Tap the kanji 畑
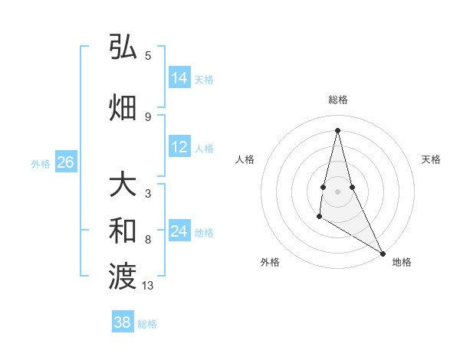click(123, 107)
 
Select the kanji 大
click(123, 185)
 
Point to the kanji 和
click(123, 230)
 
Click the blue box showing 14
click(179, 78)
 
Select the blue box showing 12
click(179, 147)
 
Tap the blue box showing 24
click(179, 231)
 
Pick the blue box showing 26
click(65, 162)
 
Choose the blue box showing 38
click(123, 322)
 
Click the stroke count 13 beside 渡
click(148, 286)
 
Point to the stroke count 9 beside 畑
click(147, 116)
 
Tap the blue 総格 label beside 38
click(147, 324)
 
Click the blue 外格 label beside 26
click(40, 164)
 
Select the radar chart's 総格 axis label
click(337, 100)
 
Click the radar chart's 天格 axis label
click(431, 159)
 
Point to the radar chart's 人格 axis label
click(245, 159)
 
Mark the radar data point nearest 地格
click(383, 254)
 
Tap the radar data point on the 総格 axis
click(337, 129)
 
